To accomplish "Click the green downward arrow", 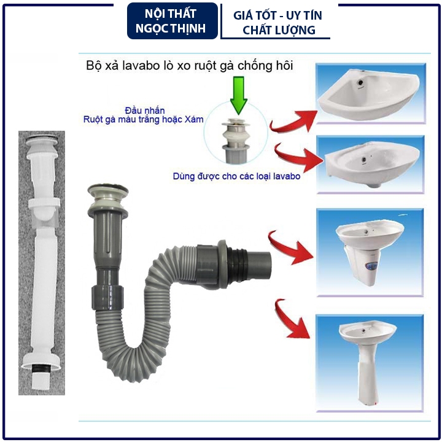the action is [x=238, y=95].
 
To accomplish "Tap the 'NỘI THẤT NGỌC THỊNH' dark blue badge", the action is [x=173, y=21].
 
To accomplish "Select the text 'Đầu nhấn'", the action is [x=145, y=110].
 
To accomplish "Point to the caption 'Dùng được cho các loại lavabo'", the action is [x=236, y=176].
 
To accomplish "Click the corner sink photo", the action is [x=370, y=93].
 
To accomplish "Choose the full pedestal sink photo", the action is [x=370, y=363].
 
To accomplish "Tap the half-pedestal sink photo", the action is [x=370, y=252].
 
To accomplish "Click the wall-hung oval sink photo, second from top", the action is [x=370, y=165].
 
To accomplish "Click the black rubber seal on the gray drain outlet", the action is [x=237, y=265].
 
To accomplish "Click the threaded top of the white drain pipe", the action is [x=42, y=140].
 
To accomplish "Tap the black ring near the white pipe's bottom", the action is [x=41, y=369].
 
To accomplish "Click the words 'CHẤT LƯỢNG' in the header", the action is [x=279, y=30].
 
